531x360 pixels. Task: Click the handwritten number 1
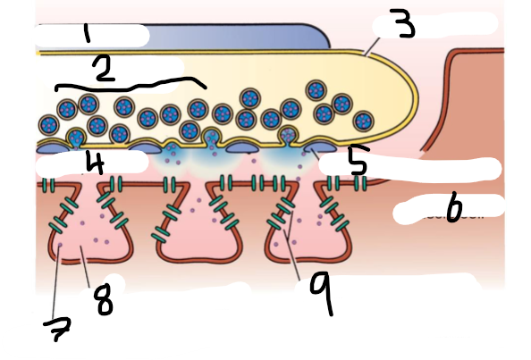[x=88, y=34]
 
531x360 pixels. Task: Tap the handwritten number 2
[x=105, y=70]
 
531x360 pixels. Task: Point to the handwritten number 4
[x=95, y=163]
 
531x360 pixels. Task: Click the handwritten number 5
[x=358, y=160]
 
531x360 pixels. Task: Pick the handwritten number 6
[x=454, y=207]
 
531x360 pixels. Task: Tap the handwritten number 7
[x=57, y=329]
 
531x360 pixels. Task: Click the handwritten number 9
[x=322, y=291]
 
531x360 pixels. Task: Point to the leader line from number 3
[x=372, y=46]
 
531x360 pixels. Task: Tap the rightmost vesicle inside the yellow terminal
[x=363, y=121]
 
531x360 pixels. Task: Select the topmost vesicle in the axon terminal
[x=316, y=90]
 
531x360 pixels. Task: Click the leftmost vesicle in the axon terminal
[x=49, y=124]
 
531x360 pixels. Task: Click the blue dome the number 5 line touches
[x=320, y=147]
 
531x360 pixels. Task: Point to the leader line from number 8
[x=85, y=267]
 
